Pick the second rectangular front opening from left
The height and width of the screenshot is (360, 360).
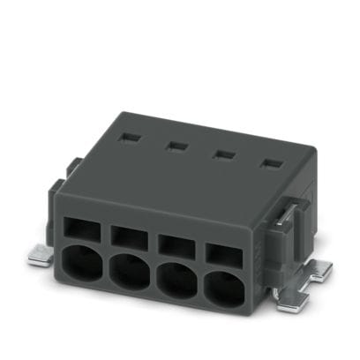[130, 236]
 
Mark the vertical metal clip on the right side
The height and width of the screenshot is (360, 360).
[288, 244]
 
